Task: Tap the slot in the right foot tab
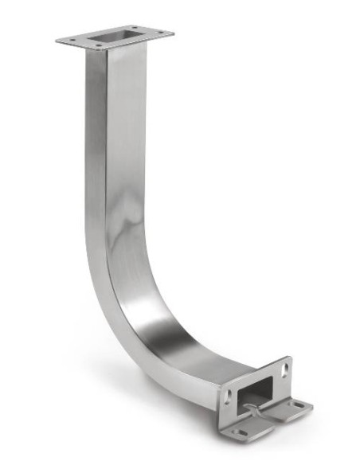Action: click(x=298, y=405)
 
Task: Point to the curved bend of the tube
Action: click(x=135, y=311)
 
